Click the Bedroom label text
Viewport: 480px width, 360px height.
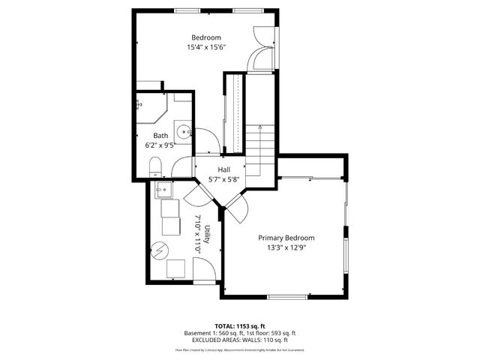click(x=206, y=37)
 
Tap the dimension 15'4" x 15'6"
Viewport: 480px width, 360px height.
click(x=206, y=47)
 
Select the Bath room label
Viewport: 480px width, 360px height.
click(x=161, y=135)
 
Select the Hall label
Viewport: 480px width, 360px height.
click(x=223, y=170)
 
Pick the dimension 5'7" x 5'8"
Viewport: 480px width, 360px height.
click(x=223, y=180)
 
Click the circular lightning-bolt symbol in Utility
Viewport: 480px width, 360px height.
click(x=160, y=250)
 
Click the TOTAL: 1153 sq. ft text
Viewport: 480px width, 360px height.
click(x=240, y=326)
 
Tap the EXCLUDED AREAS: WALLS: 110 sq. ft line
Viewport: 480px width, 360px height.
click(x=240, y=340)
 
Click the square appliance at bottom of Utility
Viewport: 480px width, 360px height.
click(x=177, y=268)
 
